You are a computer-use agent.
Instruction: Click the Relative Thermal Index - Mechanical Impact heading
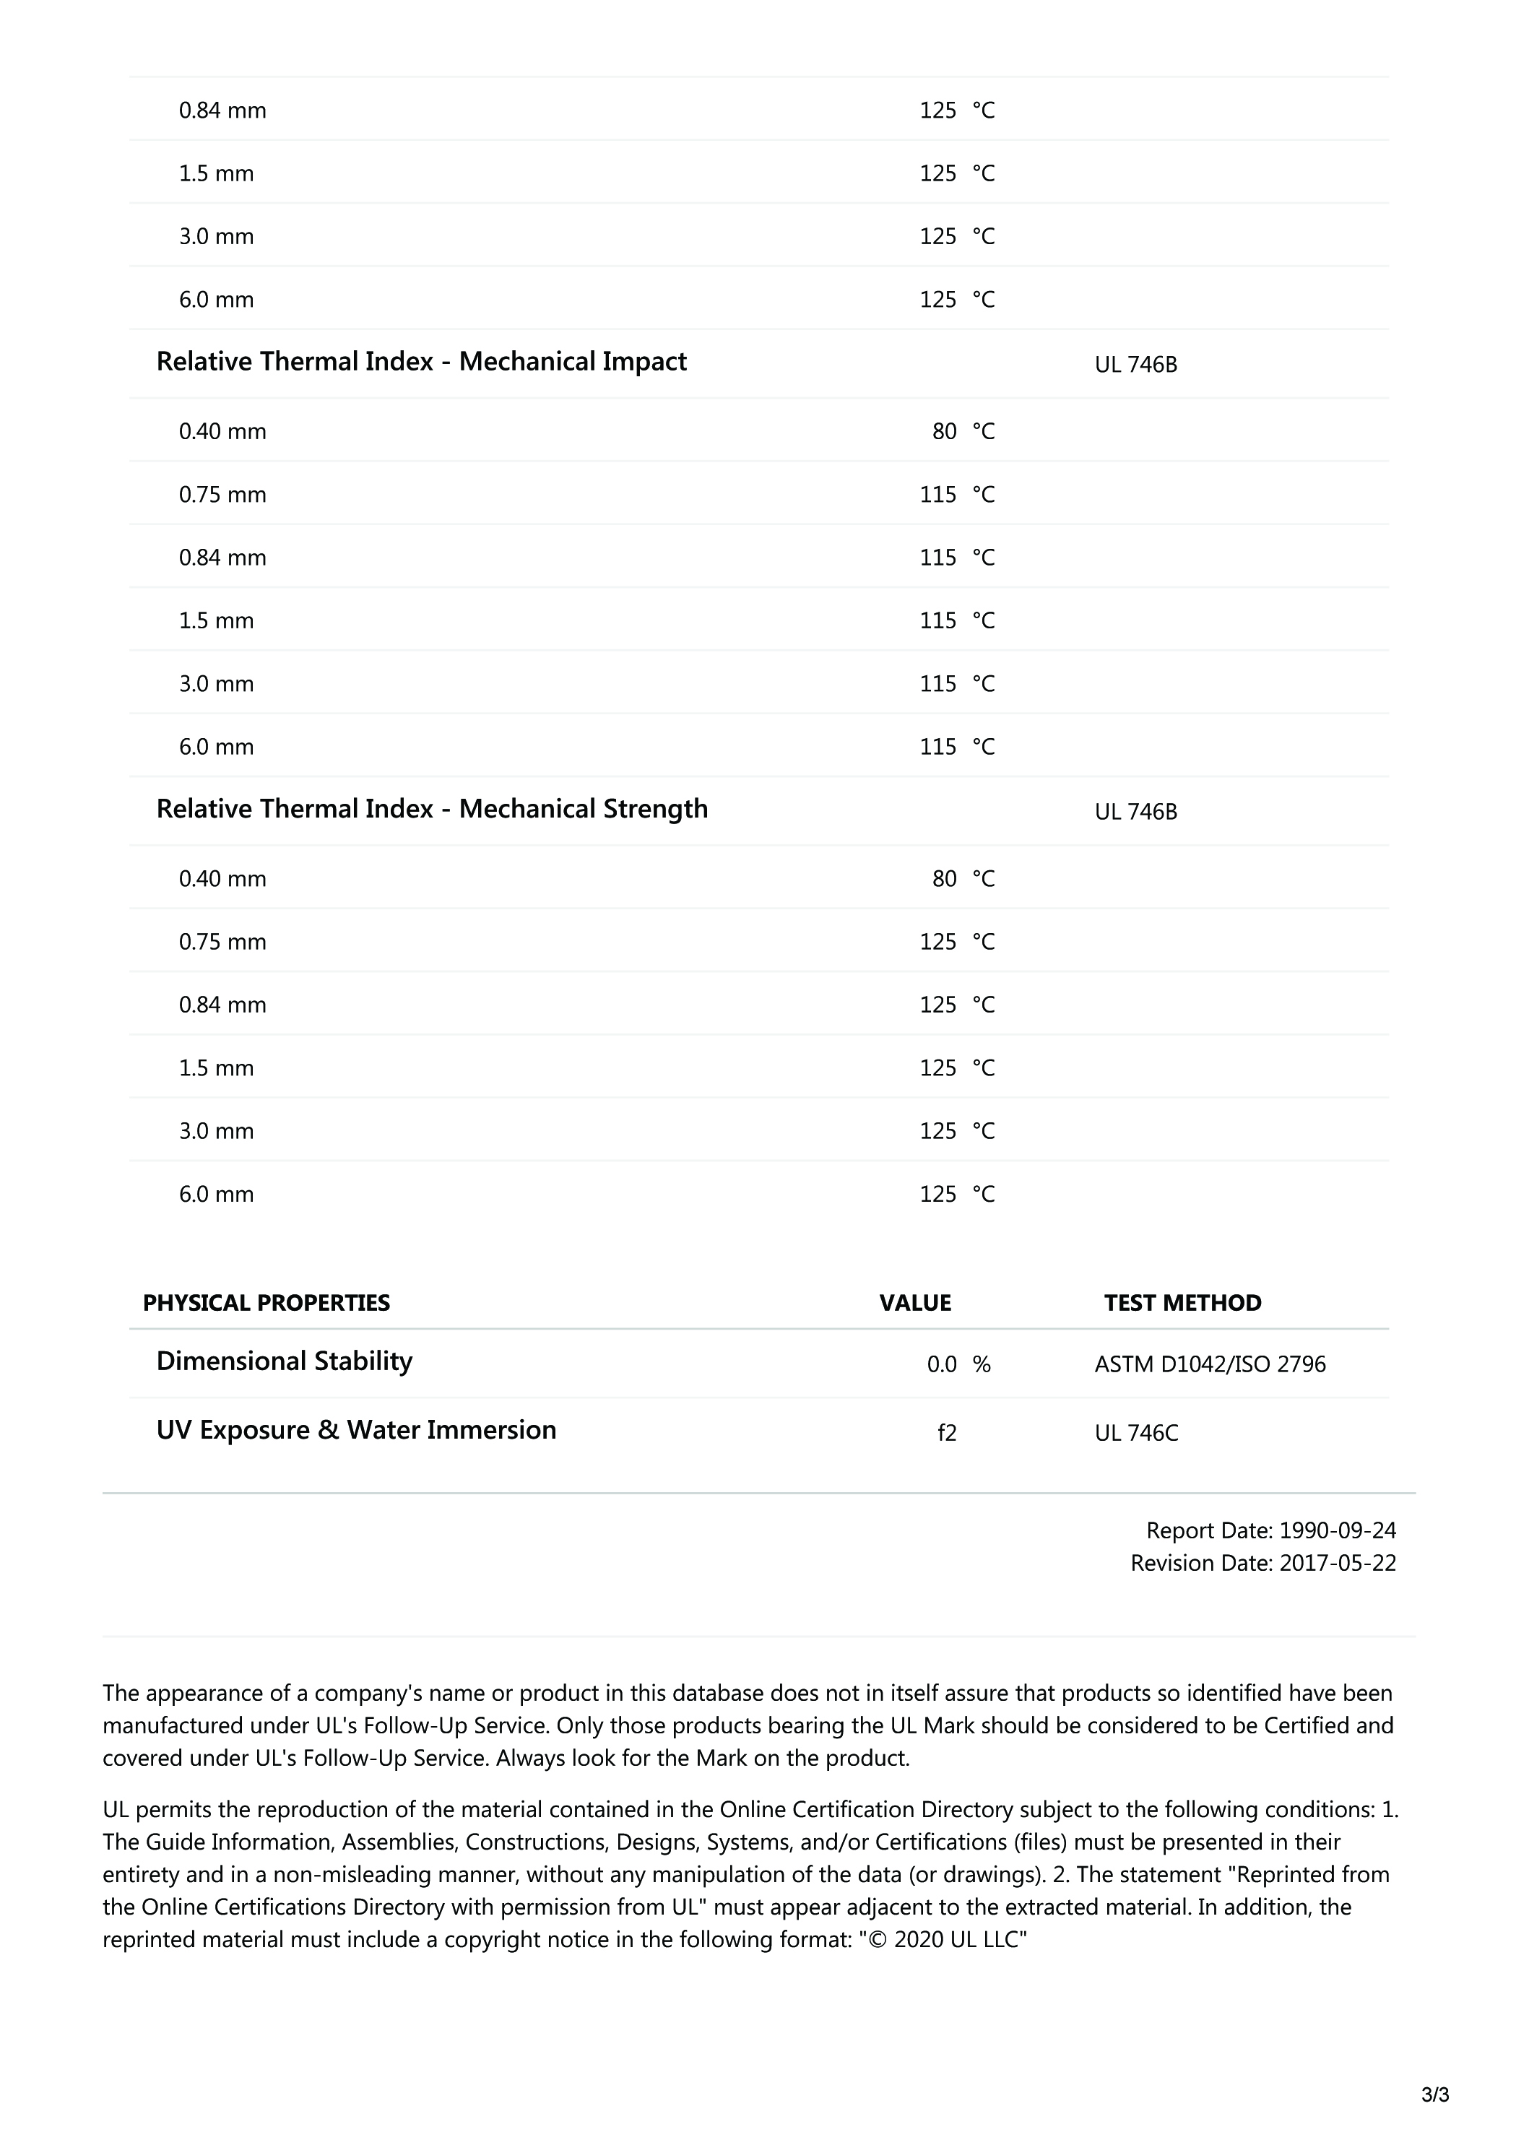pyautogui.click(x=420, y=363)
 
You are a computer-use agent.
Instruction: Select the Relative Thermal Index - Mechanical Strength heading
pyautogui.click(x=431, y=809)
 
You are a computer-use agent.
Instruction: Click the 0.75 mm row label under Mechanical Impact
pyautogui.click(x=222, y=495)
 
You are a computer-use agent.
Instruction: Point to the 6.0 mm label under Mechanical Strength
pyautogui.click(x=216, y=1195)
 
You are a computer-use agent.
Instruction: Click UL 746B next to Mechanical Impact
pyautogui.click(x=1136, y=365)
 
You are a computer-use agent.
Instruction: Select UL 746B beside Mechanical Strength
pyautogui.click(x=1136, y=812)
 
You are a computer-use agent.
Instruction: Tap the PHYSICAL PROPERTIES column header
pyautogui.click(x=267, y=1304)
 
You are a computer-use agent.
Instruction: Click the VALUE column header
pyautogui.click(x=914, y=1304)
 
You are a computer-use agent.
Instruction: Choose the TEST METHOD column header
pyautogui.click(x=1182, y=1304)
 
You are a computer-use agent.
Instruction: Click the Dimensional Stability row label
pyautogui.click(x=284, y=1362)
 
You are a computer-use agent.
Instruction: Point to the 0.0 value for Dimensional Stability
pyautogui.click(x=942, y=1365)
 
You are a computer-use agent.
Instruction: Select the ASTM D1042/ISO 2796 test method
pyautogui.click(x=1210, y=1365)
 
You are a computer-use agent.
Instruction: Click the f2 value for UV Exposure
pyautogui.click(x=947, y=1433)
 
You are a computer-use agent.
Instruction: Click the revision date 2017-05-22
pyautogui.click(x=1337, y=1564)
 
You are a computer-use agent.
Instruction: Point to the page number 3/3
pyautogui.click(x=1434, y=2095)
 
